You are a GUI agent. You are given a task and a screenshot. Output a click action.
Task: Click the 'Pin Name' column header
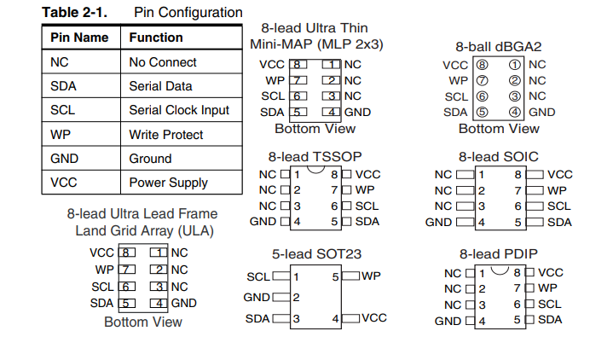[x=79, y=38]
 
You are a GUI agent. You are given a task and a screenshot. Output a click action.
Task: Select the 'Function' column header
[x=156, y=38]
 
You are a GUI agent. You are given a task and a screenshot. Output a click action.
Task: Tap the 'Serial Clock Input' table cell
[x=179, y=110]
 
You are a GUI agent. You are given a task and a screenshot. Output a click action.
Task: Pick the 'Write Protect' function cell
[x=166, y=134]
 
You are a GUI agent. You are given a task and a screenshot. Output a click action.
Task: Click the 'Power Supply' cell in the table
[x=168, y=183]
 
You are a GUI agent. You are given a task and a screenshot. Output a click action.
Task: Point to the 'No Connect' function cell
[x=163, y=62]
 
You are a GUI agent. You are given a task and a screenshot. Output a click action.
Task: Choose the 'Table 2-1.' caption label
[x=74, y=13]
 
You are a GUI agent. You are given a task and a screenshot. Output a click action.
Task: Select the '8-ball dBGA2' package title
[x=499, y=46]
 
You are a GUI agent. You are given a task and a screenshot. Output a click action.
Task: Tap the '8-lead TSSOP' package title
[x=315, y=157]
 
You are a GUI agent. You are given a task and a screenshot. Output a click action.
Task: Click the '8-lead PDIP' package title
[x=499, y=253]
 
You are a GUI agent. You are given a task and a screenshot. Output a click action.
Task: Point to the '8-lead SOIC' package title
[x=499, y=157]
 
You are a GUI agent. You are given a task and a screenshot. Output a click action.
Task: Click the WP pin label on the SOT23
[x=371, y=276]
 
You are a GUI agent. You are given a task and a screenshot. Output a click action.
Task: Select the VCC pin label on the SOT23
[x=374, y=317]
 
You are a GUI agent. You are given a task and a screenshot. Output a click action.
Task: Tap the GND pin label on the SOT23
[x=257, y=297]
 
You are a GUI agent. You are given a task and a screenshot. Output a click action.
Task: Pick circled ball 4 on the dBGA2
[x=514, y=112]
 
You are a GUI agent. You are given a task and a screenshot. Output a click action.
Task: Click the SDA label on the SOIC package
[x=559, y=222]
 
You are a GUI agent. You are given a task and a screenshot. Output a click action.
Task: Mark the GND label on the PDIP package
[x=448, y=321]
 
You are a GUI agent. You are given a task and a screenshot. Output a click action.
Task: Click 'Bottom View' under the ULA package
[x=143, y=322]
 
